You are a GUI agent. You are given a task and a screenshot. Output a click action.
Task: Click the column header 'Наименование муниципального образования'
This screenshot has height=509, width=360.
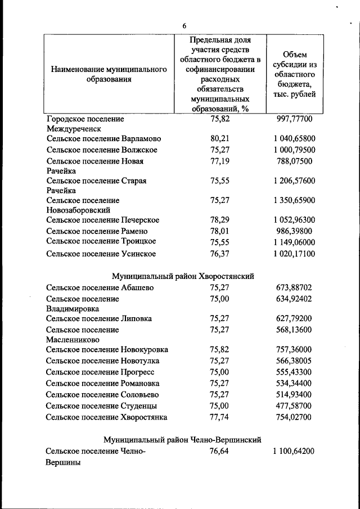(x=109, y=74)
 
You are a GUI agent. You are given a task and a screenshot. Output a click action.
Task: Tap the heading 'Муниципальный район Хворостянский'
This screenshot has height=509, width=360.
(x=183, y=276)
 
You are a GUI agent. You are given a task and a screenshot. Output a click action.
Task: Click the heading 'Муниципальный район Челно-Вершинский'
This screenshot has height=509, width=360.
(x=183, y=439)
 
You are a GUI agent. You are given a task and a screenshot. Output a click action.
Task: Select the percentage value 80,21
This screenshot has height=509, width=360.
(x=220, y=138)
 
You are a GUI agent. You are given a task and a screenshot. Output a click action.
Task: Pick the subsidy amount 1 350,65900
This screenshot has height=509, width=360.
(x=295, y=200)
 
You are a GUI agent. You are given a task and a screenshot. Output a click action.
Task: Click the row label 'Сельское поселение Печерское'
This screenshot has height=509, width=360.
(x=103, y=220)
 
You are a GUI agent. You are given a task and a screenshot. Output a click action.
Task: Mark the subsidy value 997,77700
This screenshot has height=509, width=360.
(x=295, y=119)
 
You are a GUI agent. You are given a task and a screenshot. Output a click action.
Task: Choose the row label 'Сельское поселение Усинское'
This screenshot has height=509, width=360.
(x=101, y=254)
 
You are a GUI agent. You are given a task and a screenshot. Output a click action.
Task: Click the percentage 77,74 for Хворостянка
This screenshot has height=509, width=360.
(x=220, y=417)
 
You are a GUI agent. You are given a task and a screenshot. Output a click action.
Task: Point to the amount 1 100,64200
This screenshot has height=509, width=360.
(x=295, y=451)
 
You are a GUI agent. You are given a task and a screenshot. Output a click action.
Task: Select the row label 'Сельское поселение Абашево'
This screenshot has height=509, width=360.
(x=100, y=288)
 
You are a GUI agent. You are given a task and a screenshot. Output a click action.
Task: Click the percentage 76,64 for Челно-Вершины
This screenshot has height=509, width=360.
(x=220, y=451)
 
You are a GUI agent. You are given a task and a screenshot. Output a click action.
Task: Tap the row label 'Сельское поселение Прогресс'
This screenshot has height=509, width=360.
(x=100, y=372)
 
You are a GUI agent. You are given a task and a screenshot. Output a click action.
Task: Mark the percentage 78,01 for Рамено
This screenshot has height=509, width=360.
(x=220, y=231)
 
